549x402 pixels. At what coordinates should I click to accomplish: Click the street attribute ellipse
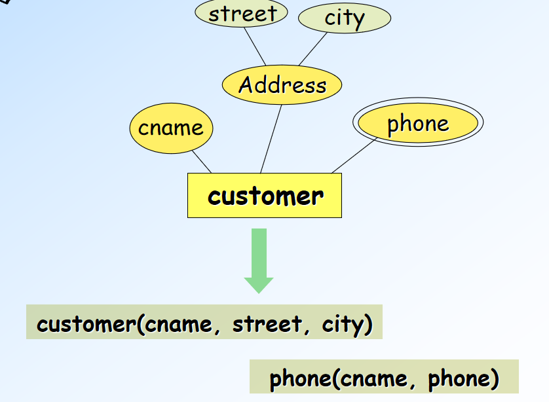point(242,14)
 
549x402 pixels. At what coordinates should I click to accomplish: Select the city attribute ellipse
point(345,18)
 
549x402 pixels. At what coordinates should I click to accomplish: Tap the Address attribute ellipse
point(282,85)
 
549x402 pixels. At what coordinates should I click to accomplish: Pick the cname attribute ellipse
point(171,128)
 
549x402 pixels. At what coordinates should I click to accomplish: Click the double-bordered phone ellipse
point(418,124)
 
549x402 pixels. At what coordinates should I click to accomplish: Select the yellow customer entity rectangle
point(265,195)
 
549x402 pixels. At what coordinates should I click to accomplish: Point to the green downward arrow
point(259,259)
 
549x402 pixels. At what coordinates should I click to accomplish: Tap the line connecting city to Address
point(312,48)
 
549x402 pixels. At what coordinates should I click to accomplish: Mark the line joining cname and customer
point(202,162)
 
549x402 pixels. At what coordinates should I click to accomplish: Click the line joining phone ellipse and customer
point(354,156)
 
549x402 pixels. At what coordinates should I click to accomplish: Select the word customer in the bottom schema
point(86,324)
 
